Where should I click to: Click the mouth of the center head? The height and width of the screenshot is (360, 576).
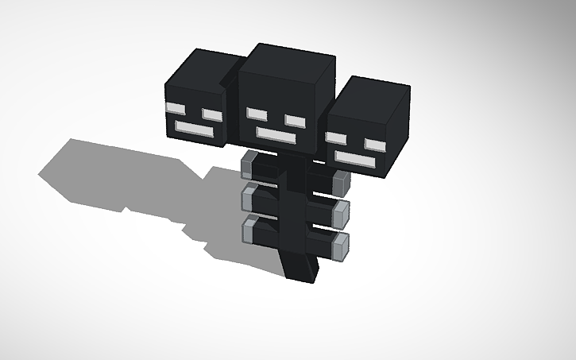coord(274,134)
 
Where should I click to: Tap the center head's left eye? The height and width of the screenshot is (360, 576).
coord(256,114)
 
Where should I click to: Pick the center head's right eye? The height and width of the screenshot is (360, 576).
coord(294,120)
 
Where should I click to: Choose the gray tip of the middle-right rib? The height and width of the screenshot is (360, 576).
coord(342,212)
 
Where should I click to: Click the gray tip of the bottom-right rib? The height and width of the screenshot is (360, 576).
coord(342,244)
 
